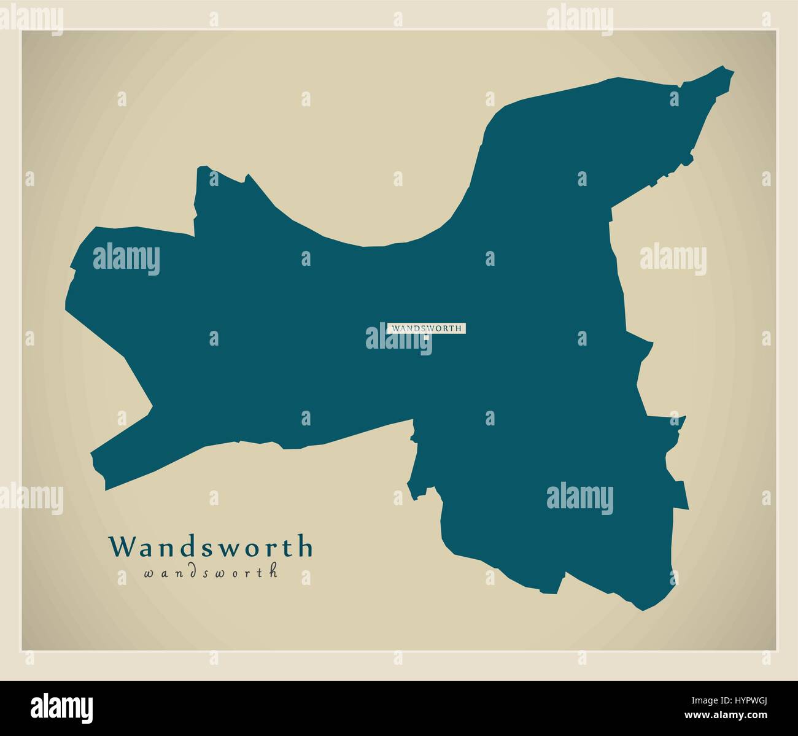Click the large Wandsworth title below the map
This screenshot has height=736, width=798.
(211, 546)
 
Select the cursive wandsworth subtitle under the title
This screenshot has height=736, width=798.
(211, 572)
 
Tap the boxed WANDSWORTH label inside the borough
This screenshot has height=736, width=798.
(427, 328)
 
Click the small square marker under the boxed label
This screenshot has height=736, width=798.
(425, 337)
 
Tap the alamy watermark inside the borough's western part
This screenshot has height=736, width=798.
(126, 258)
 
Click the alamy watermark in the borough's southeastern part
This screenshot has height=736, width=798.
(579, 498)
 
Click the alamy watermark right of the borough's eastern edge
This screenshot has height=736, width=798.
(673, 258)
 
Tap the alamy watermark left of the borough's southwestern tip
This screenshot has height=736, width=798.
(31, 498)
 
